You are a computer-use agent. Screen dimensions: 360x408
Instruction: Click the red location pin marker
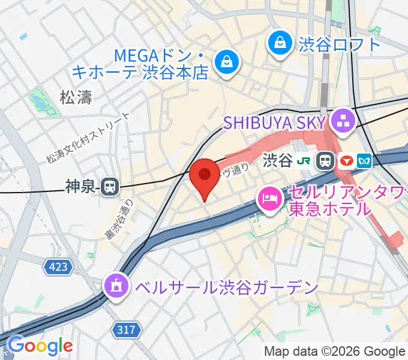point(205,176)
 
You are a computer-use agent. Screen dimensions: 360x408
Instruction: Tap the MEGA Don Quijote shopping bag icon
point(227,61)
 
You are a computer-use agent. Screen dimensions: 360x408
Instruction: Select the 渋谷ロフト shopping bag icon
point(279,43)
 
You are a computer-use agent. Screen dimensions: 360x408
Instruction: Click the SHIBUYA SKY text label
point(274,122)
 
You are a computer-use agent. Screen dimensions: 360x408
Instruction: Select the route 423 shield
point(59,265)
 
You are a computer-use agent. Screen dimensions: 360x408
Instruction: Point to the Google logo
point(40,346)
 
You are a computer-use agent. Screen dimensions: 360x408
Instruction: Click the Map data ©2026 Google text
point(335,351)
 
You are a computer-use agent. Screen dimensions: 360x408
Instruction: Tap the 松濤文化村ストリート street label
point(88,139)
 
